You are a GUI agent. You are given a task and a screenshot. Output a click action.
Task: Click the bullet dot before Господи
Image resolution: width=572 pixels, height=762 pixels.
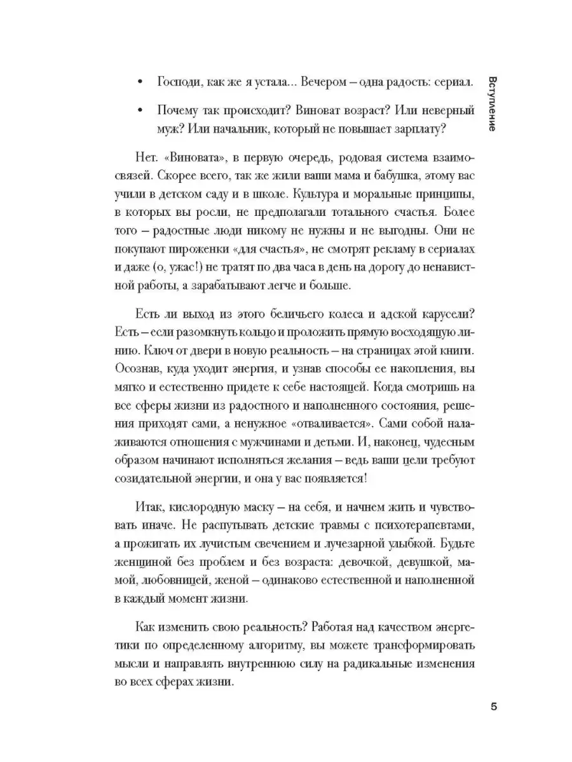(x=140, y=83)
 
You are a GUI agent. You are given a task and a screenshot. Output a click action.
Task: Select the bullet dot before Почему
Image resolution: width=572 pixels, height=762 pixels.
(x=140, y=110)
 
